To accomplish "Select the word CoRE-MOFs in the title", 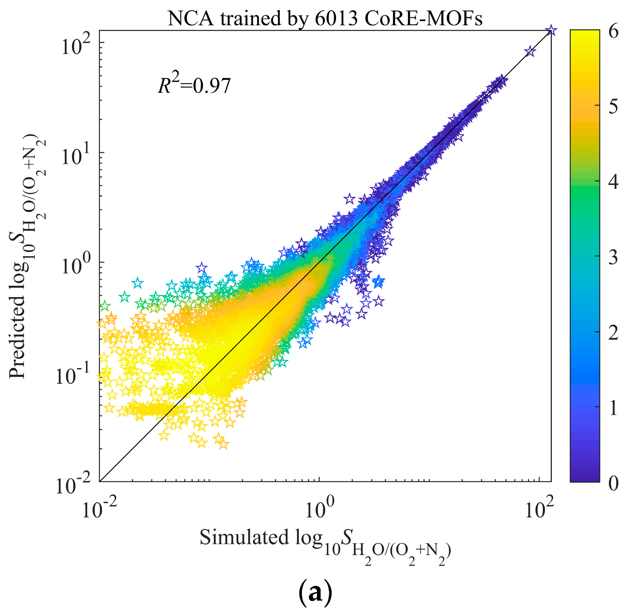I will (423, 18).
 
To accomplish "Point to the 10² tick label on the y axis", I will (75, 46).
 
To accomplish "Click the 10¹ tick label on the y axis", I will (75, 156).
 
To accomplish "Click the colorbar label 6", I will (613, 31).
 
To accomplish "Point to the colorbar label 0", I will (613, 483).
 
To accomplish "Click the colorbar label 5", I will (613, 106).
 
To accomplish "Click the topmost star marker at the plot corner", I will (550, 30).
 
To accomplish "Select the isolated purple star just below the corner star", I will (530, 51).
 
